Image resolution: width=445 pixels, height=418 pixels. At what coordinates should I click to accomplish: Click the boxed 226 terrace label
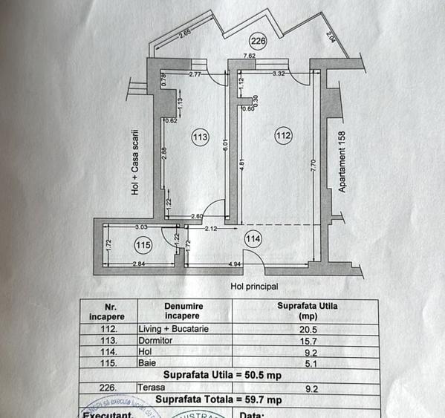click(x=257, y=41)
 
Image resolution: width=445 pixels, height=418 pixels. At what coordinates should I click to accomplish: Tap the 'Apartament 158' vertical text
click(x=343, y=163)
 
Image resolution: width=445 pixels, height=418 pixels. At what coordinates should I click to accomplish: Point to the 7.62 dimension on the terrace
click(x=250, y=54)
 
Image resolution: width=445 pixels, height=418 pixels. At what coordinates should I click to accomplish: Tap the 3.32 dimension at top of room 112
click(x=279, y=74)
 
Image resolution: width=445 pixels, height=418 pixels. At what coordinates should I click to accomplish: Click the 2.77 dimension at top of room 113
click(x=195, y=74)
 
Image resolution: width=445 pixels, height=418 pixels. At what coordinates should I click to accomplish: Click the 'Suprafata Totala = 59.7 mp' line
click(x=222, y=399)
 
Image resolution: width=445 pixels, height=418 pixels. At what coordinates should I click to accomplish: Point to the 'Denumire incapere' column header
click(x=183, y=310)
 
